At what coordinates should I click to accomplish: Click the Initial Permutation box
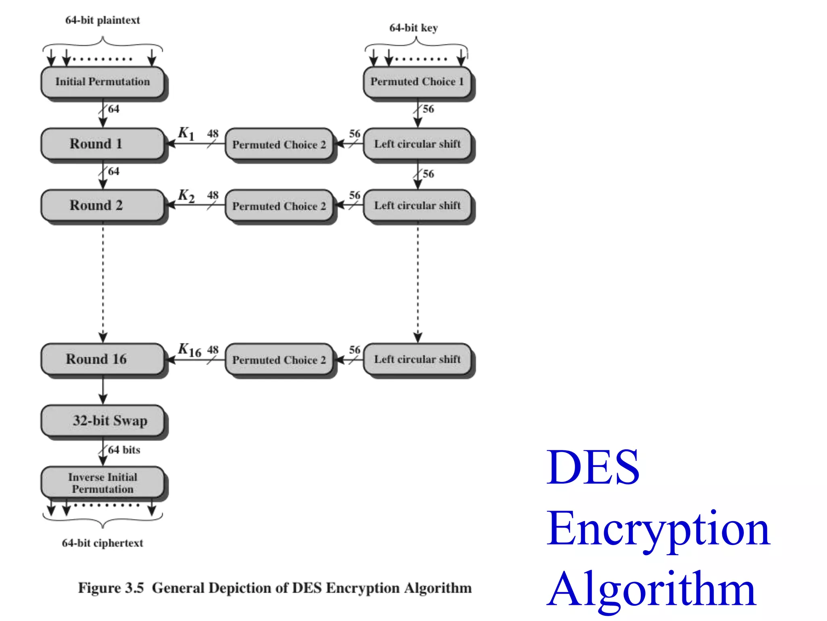pyautogui.click(x=103, y=82)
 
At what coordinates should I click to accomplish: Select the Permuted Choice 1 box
pyautogui.click(x=417, y=82)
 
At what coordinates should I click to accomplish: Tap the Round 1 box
pyautogui.click(x=103, y=144)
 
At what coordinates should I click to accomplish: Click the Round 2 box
pyautogui.click(x=103, y=205)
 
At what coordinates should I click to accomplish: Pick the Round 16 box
pyautogui.click(x=103, y=359)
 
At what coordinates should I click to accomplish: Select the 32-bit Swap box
pyautogui.click(x=103, y=420)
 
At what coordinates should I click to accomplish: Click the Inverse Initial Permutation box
pyautogui.click(x=103, y=483)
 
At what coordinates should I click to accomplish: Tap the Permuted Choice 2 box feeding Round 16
pyautogui.click(x=279, y=359)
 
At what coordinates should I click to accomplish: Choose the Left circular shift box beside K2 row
pyautogui.click(x=417, y=205)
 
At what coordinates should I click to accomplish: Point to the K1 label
pyautogui.click(x=186, y=133)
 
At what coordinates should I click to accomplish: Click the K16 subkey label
pyautogui.click(x=189, y=350)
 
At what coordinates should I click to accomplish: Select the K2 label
pyautogui.click(x=186, y=196)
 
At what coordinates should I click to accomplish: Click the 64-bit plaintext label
pyautogui.click(x=103, y=20)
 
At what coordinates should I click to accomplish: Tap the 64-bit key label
pyautogui.click(x=413, y=28)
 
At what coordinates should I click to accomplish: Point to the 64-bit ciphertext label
pyautogui.click(x=103, y=543)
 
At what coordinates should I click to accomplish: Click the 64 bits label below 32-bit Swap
pyautogui.click(x=124, y=450)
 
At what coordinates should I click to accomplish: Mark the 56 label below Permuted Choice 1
pyautogui.click(x=428, y=109)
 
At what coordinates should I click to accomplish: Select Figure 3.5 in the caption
pyautogui.click(x=111, y=588)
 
